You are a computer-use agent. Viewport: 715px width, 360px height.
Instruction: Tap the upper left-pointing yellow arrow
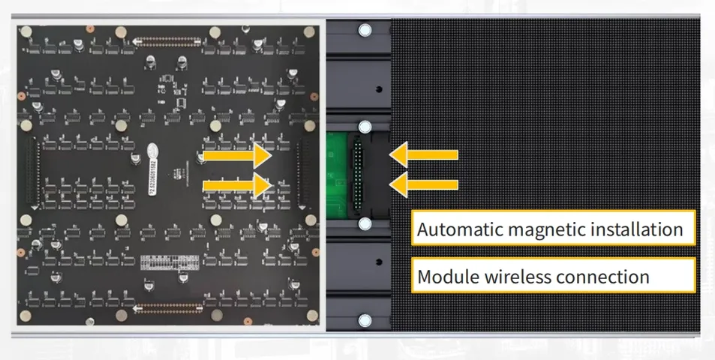point(424,154)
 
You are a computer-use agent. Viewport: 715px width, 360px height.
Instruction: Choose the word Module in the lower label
point(445,277)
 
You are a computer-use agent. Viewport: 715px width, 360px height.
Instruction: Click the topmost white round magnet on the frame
point(365,31)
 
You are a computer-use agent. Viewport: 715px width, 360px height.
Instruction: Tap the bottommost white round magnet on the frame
point(365,321)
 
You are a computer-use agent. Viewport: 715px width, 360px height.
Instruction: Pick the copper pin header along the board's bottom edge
point(169,307)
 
